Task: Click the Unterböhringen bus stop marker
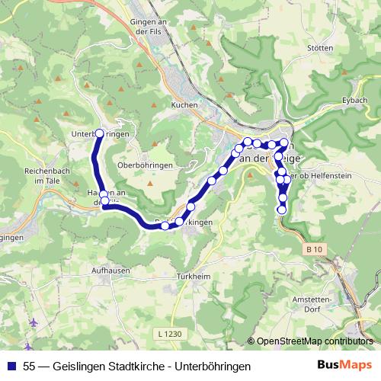pos(98,133)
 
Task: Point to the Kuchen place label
pos(185,104)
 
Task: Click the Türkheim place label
pos(192,275)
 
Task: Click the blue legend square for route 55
pos(10,367)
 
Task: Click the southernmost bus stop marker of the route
pos(282,209)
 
